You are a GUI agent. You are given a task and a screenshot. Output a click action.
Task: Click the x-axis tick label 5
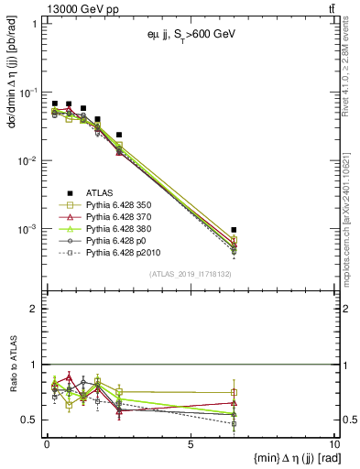click(191, 444)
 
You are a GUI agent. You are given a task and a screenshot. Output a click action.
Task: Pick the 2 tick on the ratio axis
click(35, 309)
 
